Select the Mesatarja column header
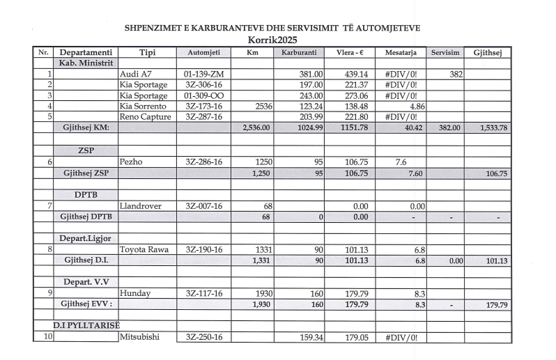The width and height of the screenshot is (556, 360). point(401,52)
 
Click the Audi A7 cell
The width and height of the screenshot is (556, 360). point(135,74)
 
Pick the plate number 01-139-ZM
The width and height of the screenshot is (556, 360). point(203,74)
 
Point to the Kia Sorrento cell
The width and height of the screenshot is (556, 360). point(144,107)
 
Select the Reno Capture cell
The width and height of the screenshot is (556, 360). point(145,117)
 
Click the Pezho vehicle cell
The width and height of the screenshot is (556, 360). point(132,162)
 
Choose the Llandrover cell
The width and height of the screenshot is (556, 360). point(141,205)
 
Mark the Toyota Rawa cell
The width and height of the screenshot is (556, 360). point(145,249)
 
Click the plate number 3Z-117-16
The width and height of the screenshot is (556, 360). point(203,293)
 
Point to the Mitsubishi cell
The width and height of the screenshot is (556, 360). point(142,337)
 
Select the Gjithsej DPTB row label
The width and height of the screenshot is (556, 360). point(86,217)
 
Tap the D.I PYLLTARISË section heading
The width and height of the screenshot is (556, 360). point(87,325)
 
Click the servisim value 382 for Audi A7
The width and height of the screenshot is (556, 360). point(456,74)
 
